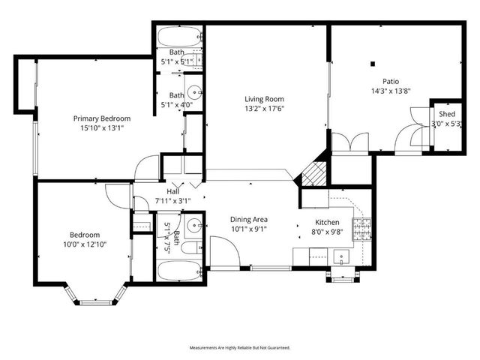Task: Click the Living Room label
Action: pyautogui.click(x=265, y=98)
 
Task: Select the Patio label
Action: pyautogui.click(x=390, y=82)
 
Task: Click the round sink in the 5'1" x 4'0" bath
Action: pyautogui.click(x=194, y=92)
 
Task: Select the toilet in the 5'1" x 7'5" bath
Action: pyautogui.click(x=190, y=247)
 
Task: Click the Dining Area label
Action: pyautogui.click(x=248, y=220)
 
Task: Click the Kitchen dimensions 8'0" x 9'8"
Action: pyautogui.click(x=327, y=232)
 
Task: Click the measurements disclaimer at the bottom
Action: pyautogui.click(x=239, y=348)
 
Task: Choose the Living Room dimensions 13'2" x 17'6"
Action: pyautogui.click(x=265, y=108)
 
